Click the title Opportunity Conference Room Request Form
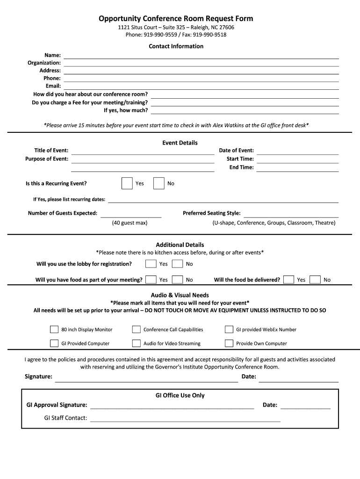[176, 19]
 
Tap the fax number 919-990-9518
[209, 35]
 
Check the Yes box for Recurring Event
[127, 183]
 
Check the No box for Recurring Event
[158, 183]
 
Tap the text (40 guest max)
[130, 223]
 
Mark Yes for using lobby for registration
[151, 264]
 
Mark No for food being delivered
[315, 280]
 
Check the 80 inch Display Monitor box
[54, 329]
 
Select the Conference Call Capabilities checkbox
[136, 329]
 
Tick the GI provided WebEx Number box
[229, 329]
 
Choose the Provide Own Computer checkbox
[229, 343]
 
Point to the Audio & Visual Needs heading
[180, 295]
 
